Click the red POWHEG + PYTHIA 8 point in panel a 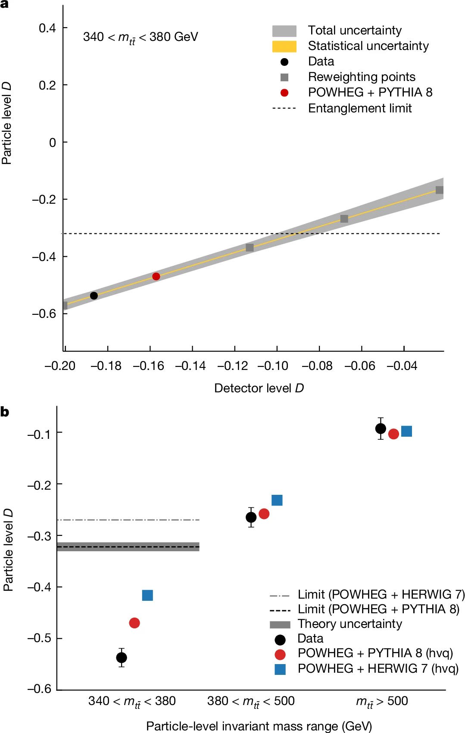pyautogui.click(x=156, y=276)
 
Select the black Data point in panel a pyautogui.click(x=94, y=295)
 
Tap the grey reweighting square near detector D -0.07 pyautogui.click(x=344, y=219)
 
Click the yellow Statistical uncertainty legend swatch pyautogui.click(x=284, y=46)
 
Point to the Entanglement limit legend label pyautogui.click(x=359, y=108)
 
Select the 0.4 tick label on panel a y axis pyautogui.click(x=47, y=28)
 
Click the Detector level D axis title pyautogui.click(x=259, y=388)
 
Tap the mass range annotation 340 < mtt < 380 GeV pyautogui.click(x=140, y=37)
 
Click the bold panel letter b pyautogui.click(x=5, y=412)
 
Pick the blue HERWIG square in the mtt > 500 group pyautogui.click(x=406, y=431)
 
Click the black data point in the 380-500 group pyautogui.click(x=251, y=517)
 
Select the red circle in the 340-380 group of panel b pyautogui.click(x=134, y=623)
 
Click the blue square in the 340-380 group pyautogui.click(x=147, y=595)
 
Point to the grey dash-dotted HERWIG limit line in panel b pyautogui.click(x=129, y=520)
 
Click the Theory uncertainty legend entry pyautogui.click(x=349, y=624)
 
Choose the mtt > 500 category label pyautogui.click(x=382, y=702)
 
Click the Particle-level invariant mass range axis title pyautogui.click(x=259, y=726)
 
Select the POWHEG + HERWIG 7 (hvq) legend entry pyautogui.click(x=378, y=668)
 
